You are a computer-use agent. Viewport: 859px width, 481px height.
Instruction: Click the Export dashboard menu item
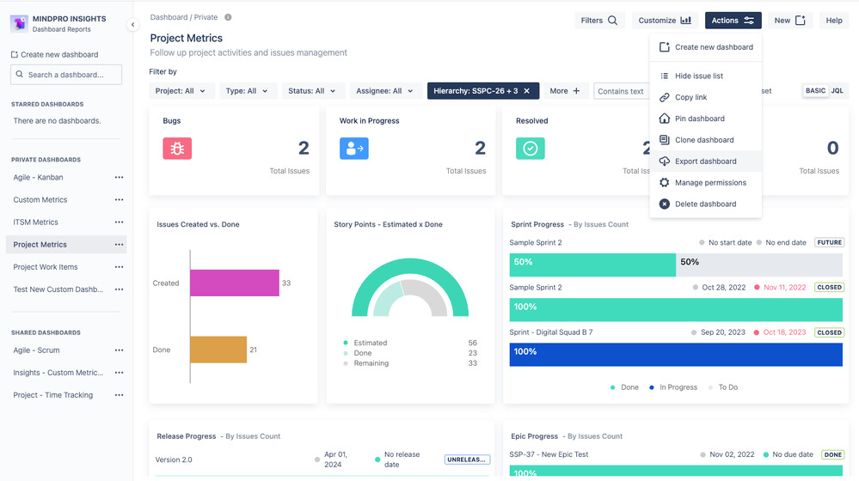[705, 161]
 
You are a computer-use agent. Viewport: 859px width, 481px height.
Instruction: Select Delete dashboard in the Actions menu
[705, 204]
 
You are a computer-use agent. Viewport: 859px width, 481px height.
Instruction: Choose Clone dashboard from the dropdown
[703, 140]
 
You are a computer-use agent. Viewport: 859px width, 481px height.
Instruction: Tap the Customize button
[665, 21]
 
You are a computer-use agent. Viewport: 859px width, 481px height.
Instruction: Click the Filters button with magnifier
[599, 21]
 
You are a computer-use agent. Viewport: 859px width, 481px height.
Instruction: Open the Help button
[833, 21]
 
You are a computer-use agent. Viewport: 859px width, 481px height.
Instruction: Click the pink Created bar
[234, 283]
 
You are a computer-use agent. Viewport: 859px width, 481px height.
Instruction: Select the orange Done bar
[218, 350]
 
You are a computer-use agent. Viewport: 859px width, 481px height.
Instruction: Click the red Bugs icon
[177, 149]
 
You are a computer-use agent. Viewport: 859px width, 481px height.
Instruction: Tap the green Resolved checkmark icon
[531, 149]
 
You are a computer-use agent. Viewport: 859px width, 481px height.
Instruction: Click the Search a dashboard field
[66, 75]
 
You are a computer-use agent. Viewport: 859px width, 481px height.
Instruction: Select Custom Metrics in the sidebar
[40, 200]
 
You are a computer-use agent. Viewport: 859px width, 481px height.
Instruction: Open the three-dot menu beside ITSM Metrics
[119, 222]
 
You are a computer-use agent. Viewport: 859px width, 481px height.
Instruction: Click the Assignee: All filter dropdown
[385, 91]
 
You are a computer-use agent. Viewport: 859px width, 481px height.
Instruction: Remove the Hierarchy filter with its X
[527, 91]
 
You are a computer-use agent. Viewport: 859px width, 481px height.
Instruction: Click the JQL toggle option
[837, 91]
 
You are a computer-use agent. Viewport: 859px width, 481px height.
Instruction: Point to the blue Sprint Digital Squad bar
[676, 355]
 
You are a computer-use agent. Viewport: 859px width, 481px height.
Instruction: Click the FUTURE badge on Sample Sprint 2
[829, 243]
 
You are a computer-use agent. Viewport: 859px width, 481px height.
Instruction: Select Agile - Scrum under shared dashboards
[37, 350]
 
